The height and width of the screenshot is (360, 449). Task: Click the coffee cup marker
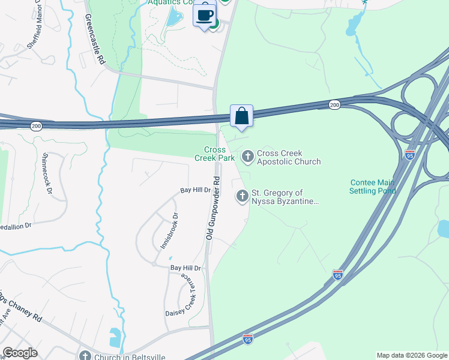click(205, 14)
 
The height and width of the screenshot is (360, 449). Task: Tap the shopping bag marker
click(241, 115)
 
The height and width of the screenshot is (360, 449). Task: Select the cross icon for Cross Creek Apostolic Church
click(247, 157)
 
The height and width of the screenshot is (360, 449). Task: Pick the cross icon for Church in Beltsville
click(84, 355)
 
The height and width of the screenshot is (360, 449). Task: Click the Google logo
click(20, 353)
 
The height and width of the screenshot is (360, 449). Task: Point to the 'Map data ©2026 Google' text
click(412, 355)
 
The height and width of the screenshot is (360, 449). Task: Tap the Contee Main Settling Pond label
click(373, 187)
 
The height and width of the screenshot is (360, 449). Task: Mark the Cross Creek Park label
click(215, 154)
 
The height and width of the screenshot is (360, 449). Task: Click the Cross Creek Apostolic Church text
click(289, 157)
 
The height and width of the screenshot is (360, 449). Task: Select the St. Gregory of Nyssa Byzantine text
click(284, 197)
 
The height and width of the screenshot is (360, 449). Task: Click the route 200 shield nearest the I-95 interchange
click(334, 105)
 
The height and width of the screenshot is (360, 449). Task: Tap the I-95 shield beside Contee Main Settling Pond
click(410, 154)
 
